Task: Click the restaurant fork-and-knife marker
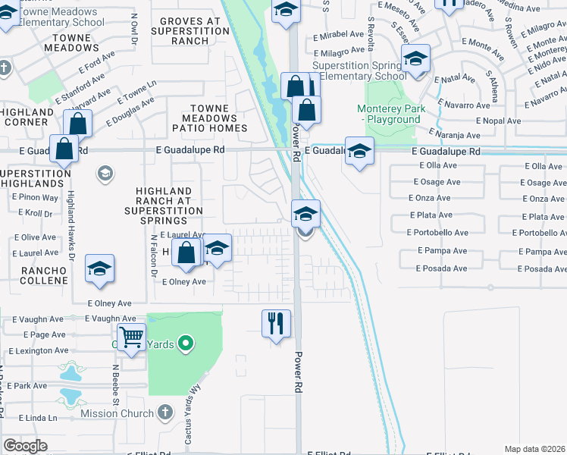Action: pyautogui.click(x=276, y=323)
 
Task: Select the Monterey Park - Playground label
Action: pyautogui.click(x=392, y=115)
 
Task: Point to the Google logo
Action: pyautogui.click(x=25, y=446)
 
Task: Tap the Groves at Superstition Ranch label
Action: pyautogui.click(x=190, y=31)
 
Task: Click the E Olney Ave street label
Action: pyautogui.click(x=184, y=281)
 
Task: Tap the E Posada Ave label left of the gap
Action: pyautogui.click(x=441, y=268)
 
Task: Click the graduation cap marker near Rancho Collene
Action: pyautogui.click(x=99, y=269)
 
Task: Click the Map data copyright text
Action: pyautogui.click(x=535, y=449)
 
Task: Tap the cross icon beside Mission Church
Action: pyautogui.click(x=166, y=413)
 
